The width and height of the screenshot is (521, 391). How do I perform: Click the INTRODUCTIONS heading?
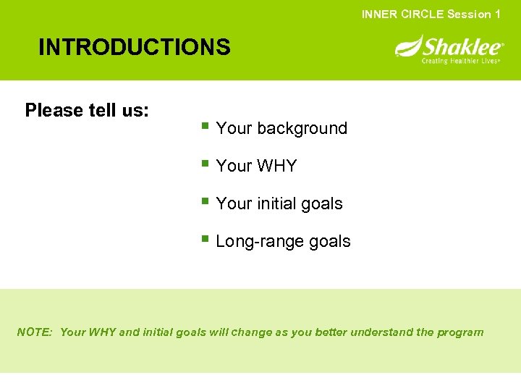pos(135,48)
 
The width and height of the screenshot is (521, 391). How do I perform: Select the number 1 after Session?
pos(497,14)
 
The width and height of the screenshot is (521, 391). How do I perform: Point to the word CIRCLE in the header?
pos(421,14)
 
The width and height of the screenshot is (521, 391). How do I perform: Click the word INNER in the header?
pos(378,14)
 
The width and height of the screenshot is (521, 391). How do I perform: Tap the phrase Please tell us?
pos(87,110)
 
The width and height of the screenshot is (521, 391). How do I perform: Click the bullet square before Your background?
pos(206,127)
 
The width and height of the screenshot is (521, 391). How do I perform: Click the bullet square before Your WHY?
pos(206,165)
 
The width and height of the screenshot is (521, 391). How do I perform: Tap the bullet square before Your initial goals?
pos(206,203)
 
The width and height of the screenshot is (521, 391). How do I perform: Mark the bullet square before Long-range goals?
pos(206,240)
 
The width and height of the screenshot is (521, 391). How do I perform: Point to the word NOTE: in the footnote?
pos(35,332)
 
